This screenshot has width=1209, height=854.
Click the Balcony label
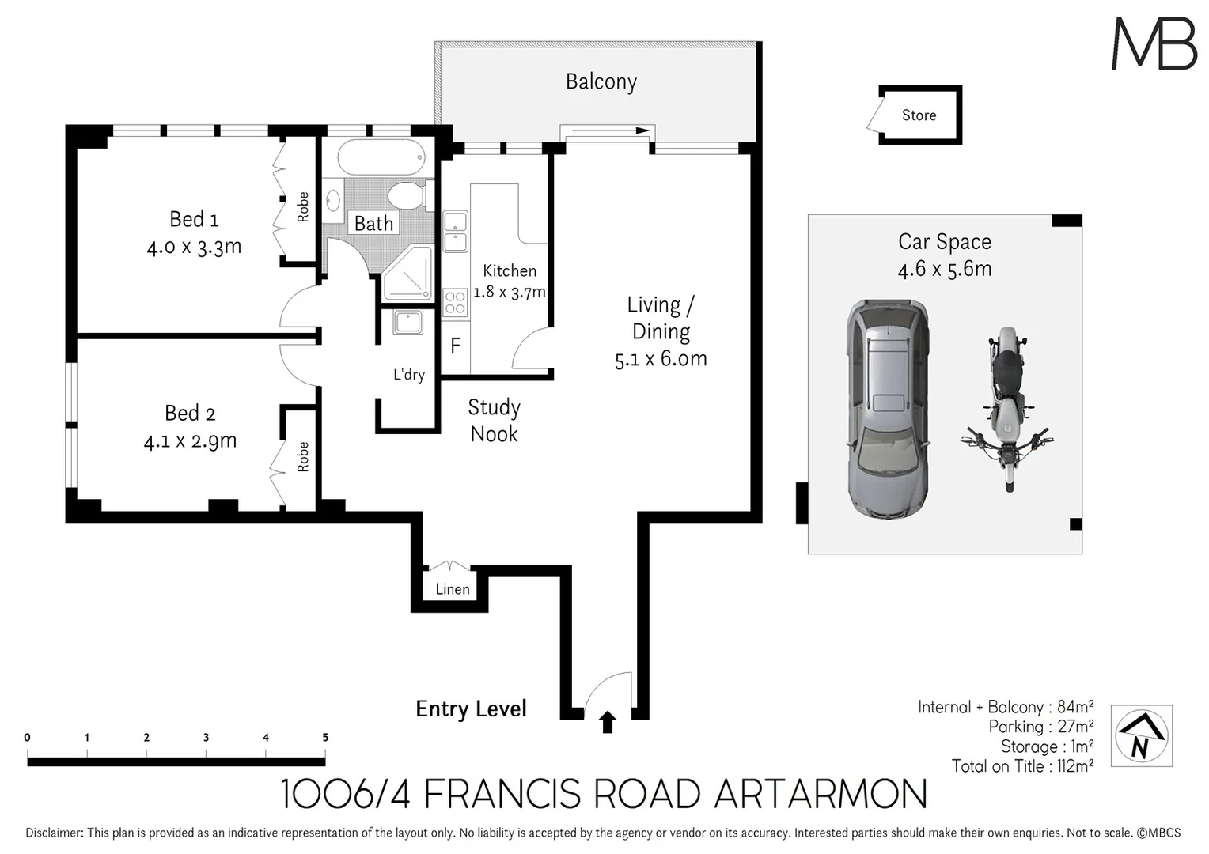click(x=601, y=82)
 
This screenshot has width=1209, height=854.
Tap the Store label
click(x=919, y=115)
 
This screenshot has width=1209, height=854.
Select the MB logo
click(x=1154, y=43)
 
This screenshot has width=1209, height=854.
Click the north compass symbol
click(x=1141, y=736)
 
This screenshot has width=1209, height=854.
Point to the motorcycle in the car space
click(x=1006, y=410)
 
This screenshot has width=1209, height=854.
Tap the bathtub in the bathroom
click(x=381, y=158)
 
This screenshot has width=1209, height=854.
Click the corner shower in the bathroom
click(x=408, y=274)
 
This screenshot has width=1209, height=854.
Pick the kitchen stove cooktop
click(x=455, y=303)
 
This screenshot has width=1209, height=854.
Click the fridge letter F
click(x=455, y=346)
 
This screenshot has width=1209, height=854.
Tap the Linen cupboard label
click(x=452, y=589)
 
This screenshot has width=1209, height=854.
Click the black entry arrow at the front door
click(x=608, y=721)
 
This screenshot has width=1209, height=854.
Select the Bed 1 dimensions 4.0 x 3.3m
click(x=194, y=247)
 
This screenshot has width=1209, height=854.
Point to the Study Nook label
click(x=494, y=421)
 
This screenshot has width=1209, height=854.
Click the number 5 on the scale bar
click(x=325, y=737)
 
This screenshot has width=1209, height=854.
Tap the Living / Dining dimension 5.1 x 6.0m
click(x=661, y=359)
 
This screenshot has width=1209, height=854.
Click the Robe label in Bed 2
click(x=303, y=457)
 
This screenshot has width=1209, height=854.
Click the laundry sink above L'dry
click(x=408, y=323)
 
